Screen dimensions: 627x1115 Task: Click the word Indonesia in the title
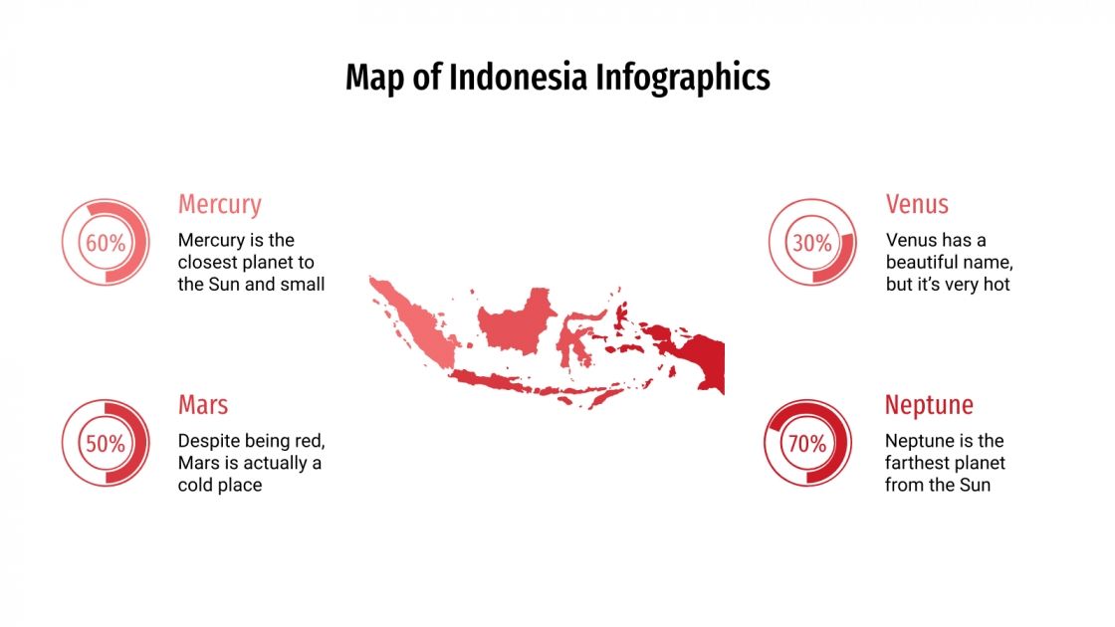[518, 78]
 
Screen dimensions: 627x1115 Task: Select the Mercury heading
[219, 204]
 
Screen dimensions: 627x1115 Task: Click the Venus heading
[917, 204]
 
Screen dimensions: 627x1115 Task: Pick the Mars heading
[203, 405]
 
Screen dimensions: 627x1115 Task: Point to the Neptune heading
[929, 405]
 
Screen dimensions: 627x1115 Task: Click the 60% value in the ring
[106, 243]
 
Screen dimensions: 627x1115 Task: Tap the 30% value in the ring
[812, 243]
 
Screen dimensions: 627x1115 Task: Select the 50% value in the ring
[106, 444]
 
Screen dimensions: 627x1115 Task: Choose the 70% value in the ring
[807, 444]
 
